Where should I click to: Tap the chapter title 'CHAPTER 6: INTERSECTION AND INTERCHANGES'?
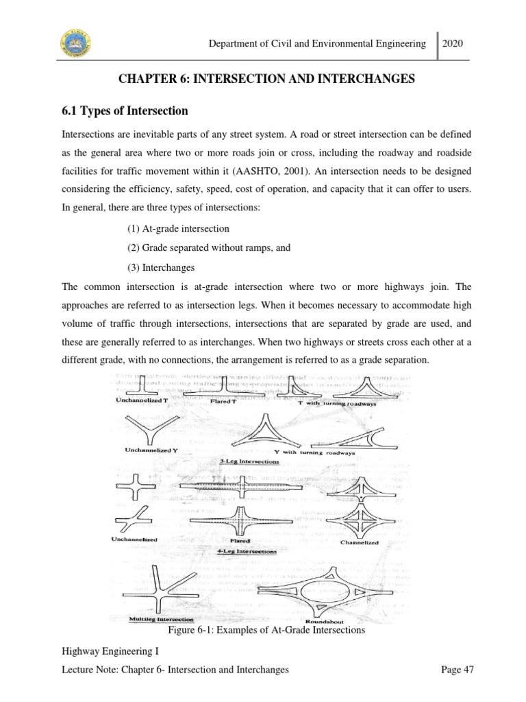(262, 80)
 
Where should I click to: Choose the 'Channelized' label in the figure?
(360, 542)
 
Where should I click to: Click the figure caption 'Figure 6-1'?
(263, 631)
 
